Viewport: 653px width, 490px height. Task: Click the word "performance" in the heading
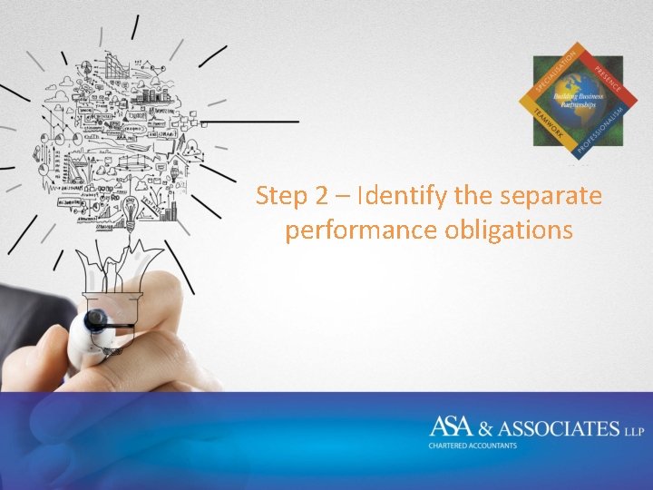tap(362, 230)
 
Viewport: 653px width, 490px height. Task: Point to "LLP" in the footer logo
tap(634, 430)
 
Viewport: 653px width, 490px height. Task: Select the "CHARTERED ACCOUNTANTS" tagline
tap(473, 446)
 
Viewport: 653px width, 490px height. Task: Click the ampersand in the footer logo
tap(499, 428)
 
